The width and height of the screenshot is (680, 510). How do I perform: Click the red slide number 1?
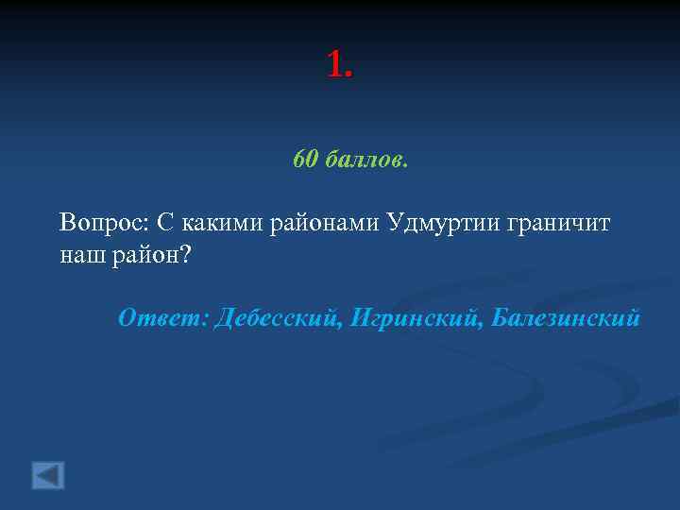click(x=335, y=64)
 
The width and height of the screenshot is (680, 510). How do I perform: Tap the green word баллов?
click(x=366, y=161)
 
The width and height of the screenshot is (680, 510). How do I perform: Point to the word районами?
click(x=325, y=223)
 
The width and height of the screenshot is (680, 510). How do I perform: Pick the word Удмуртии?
click(x=444, y=223)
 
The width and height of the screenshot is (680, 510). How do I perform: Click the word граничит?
click(x=559, y=223)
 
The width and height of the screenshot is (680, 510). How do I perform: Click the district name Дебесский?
click(x=276, y=318)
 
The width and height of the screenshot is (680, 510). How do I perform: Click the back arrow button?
click(x=48, y=474)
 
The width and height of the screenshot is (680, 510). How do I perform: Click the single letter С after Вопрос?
click(x=164, y=223)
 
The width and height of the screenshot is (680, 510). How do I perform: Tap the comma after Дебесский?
click(x=340, y=325)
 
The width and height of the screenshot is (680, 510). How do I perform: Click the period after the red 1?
click(x=349, y=76)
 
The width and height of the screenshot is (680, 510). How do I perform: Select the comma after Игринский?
click(x=486, y=325)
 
